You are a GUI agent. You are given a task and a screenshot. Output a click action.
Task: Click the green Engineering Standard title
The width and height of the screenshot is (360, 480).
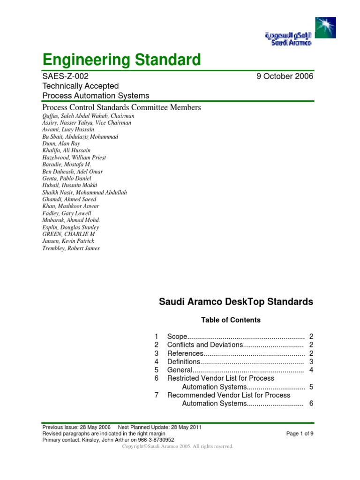point(121,60)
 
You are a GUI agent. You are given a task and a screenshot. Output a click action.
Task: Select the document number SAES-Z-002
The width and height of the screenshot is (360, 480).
point(65,76)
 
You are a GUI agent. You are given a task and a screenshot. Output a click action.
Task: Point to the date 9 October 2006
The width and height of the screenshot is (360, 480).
point(285,76)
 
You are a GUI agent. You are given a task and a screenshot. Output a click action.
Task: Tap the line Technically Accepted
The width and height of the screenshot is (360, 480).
point(80,86)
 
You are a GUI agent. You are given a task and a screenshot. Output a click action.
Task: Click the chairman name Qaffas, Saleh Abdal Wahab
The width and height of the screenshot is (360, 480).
point(88,116)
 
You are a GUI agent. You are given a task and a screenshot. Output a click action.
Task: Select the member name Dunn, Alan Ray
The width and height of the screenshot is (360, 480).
point(61,143)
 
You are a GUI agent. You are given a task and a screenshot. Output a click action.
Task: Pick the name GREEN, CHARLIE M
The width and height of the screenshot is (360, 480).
point(68,234)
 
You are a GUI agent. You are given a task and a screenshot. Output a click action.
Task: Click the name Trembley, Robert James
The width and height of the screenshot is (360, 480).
point(71,248)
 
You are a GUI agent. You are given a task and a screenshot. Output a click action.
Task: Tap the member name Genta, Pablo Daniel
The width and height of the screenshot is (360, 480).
point(67,178)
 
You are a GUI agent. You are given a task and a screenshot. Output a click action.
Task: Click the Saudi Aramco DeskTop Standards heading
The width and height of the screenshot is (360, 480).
point(236,302)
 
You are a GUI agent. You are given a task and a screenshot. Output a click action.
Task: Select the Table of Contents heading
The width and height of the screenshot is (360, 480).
point(231,320)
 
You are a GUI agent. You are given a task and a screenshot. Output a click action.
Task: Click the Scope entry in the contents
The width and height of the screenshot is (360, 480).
point(177,337)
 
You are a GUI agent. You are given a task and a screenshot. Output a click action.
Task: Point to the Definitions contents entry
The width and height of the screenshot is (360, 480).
point(184,362)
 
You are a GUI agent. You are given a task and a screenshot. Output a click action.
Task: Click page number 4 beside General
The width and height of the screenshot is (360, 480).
point(311,370)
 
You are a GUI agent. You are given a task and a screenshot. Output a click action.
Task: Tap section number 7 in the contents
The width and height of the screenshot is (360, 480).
point(157,395)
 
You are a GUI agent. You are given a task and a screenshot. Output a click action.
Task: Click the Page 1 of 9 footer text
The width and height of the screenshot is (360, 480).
point(300,434)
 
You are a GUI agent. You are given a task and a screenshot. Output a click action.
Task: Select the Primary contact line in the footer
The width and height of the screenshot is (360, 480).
point(108,440)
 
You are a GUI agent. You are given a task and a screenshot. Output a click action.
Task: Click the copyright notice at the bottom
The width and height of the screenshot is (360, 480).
point(177,447)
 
